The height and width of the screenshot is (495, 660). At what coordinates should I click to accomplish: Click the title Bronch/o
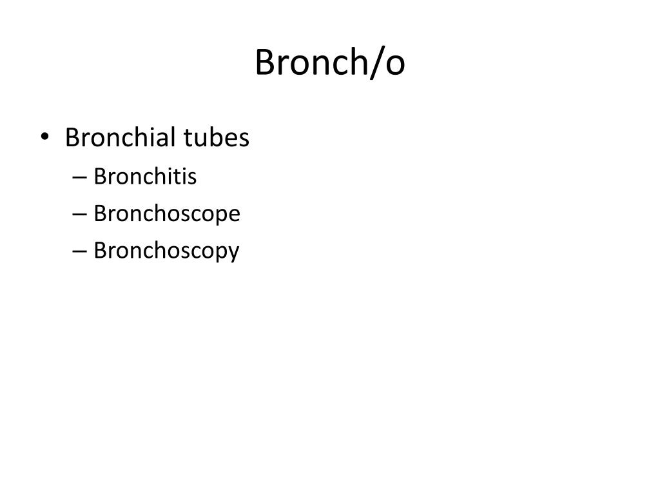click(330, 63)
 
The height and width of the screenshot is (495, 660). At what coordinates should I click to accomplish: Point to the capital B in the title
click(265, 63)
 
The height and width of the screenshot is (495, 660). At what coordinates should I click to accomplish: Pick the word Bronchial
click(120, 137)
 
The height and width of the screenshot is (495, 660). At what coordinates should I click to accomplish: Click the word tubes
click(217, 137)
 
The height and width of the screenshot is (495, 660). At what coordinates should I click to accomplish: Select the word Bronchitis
click(145, 176)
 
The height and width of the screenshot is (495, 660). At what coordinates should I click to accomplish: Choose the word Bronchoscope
click(167, 214)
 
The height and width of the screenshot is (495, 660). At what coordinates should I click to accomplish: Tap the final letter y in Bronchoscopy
click(234, 253)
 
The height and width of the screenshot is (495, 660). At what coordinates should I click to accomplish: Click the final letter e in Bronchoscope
click(234, 215)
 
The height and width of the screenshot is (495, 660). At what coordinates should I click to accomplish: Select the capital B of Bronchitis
click(100, 176)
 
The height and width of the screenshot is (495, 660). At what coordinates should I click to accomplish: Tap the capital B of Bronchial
click(72, 137)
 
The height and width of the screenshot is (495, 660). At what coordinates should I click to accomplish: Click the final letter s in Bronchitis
click(192, 177)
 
